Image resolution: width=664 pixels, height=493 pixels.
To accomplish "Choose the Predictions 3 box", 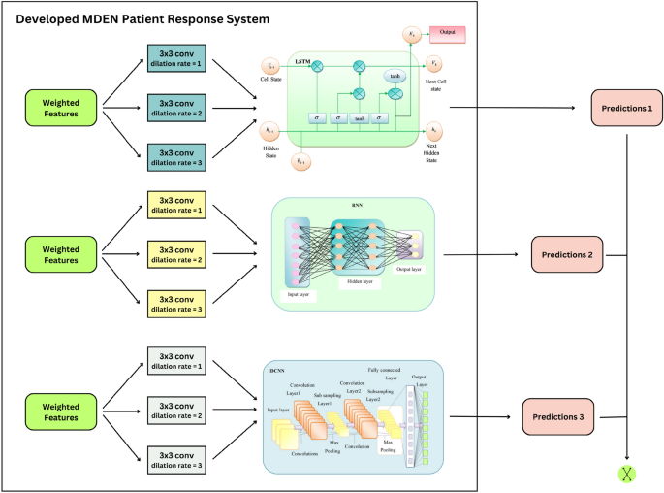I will click(x=555, y=415).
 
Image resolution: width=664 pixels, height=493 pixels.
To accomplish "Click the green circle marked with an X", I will click(x=627, y=473).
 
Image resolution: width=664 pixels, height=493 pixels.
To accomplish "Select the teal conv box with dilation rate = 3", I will click(x=177, y=155).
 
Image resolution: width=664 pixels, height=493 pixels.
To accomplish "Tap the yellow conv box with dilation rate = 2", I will click(x=177, y=254).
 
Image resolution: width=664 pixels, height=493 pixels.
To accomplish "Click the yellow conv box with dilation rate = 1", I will click(x=177, y=206).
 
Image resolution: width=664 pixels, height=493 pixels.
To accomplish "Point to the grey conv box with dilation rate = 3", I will click(x=177, y=456).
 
